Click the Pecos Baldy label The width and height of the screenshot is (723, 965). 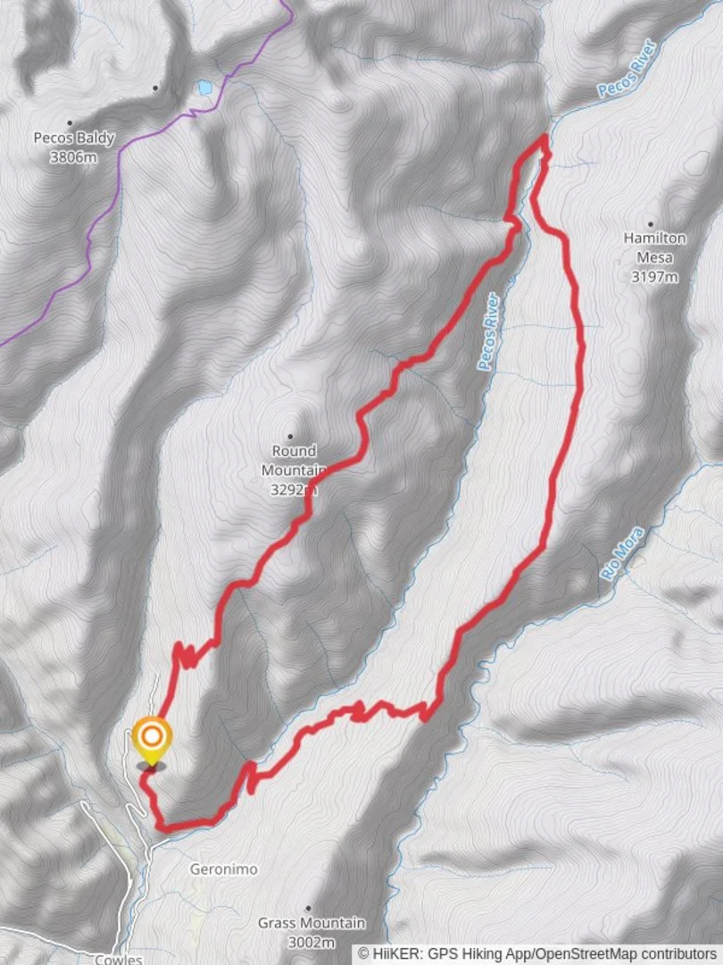(x=74, y=138)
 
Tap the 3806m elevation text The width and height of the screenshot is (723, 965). (x=74, y=157)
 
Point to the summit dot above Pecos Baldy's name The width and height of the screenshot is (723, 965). (x=70, y=123)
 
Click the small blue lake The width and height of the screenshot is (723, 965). (x=205, y=88)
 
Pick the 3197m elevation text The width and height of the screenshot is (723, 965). (x=655, y=277)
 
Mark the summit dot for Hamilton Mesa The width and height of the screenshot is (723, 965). (x=651, y=224)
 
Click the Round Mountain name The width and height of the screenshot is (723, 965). (x=295, y=460)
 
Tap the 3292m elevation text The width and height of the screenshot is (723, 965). (x=295, y=490)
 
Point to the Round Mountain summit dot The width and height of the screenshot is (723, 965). (x=290, y=436)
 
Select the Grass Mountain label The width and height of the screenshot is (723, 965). (x=312, y=923)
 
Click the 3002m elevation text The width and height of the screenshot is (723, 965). (x=312, y=942)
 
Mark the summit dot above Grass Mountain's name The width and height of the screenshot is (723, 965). (x=309, y=908)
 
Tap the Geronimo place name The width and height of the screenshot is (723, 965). (x=224, y=868)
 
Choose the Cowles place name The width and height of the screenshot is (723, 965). (x=118, y=959)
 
